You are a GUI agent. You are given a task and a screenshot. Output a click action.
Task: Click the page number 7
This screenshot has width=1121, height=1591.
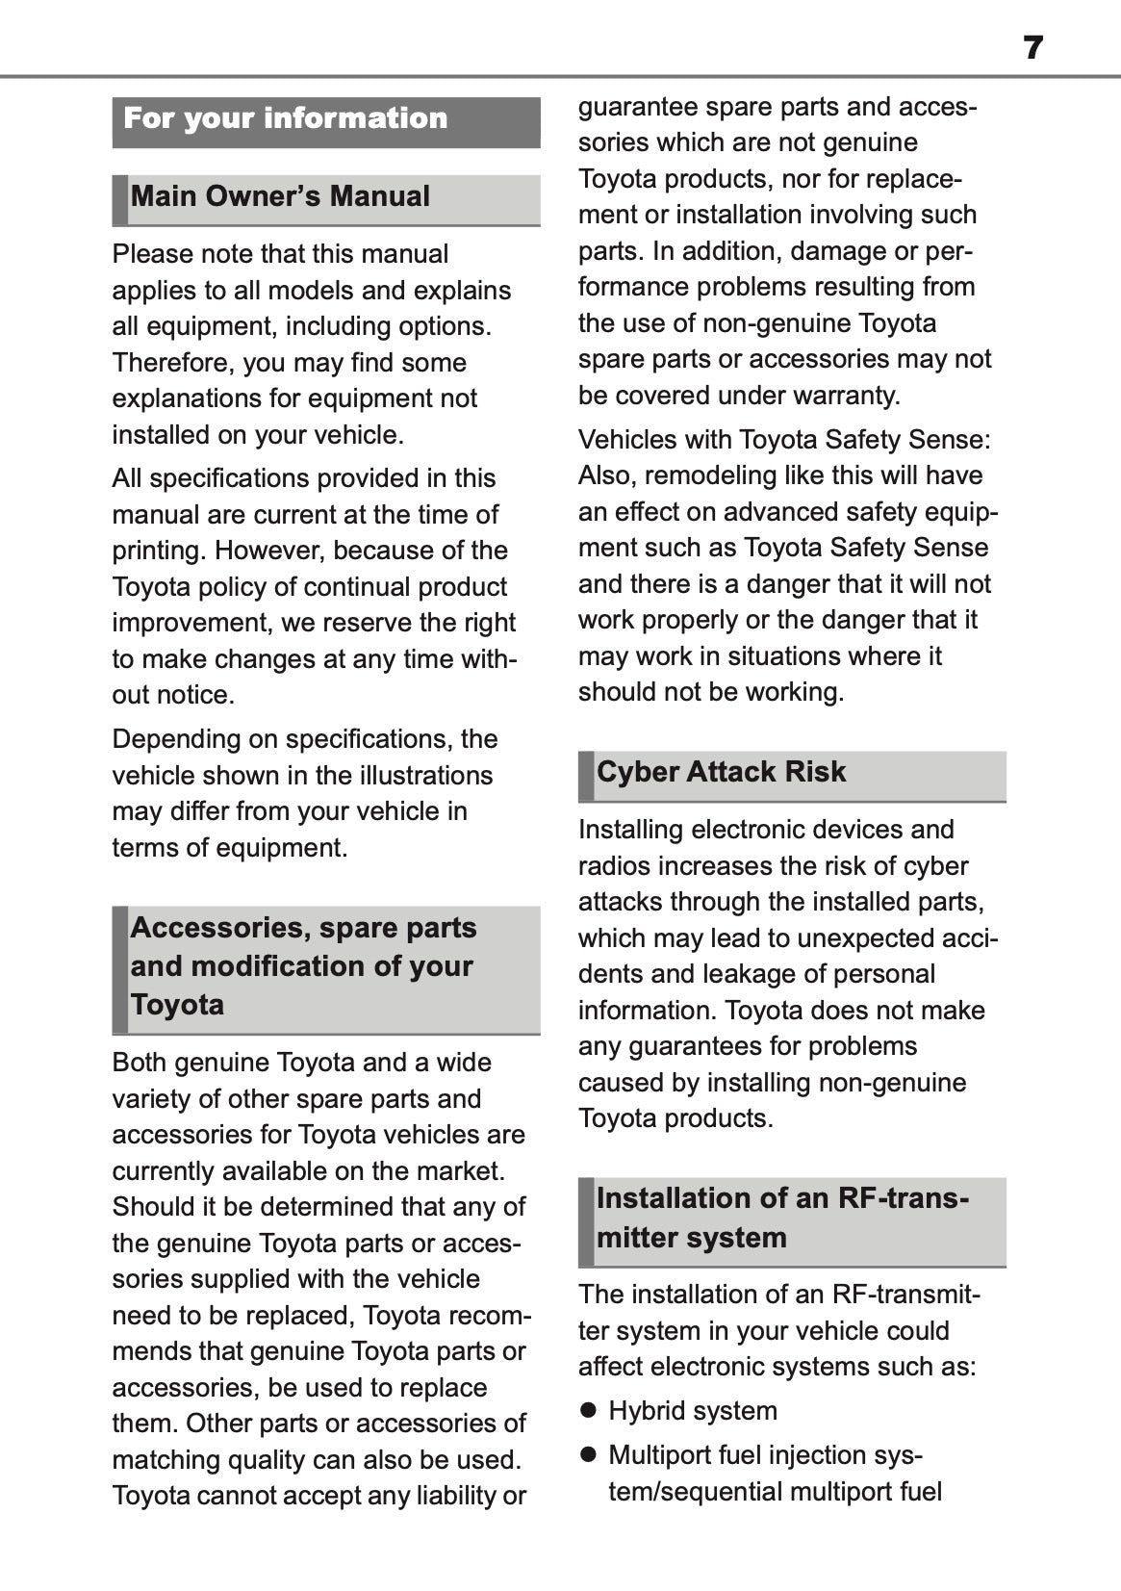1032,47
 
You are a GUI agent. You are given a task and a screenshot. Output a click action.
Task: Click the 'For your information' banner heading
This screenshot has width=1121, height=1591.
286,118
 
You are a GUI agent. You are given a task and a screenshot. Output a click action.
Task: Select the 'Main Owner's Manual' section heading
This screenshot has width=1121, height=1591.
280,196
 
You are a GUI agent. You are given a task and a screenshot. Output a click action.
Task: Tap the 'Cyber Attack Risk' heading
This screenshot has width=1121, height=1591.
721,772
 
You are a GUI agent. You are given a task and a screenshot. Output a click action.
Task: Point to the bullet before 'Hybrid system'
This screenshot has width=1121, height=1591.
589,1411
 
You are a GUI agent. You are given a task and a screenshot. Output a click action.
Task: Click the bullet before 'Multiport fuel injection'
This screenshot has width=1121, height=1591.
589,1454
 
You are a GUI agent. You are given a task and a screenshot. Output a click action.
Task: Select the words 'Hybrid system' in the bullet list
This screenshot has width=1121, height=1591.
693,1411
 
